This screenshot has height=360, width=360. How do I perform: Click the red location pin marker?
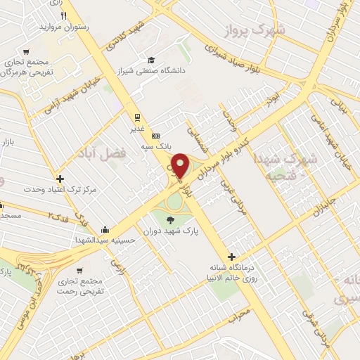pos(180,165)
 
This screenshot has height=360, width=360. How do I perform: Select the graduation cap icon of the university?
pos(151,60)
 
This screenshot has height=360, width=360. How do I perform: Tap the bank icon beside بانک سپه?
pos(155,136)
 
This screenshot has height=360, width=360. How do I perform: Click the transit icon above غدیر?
pos(138,117)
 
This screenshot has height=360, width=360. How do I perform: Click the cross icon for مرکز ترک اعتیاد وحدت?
pos(60,179)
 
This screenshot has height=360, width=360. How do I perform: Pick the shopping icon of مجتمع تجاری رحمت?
pos(82,270)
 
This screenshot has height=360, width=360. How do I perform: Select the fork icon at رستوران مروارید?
pos(63,15)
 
